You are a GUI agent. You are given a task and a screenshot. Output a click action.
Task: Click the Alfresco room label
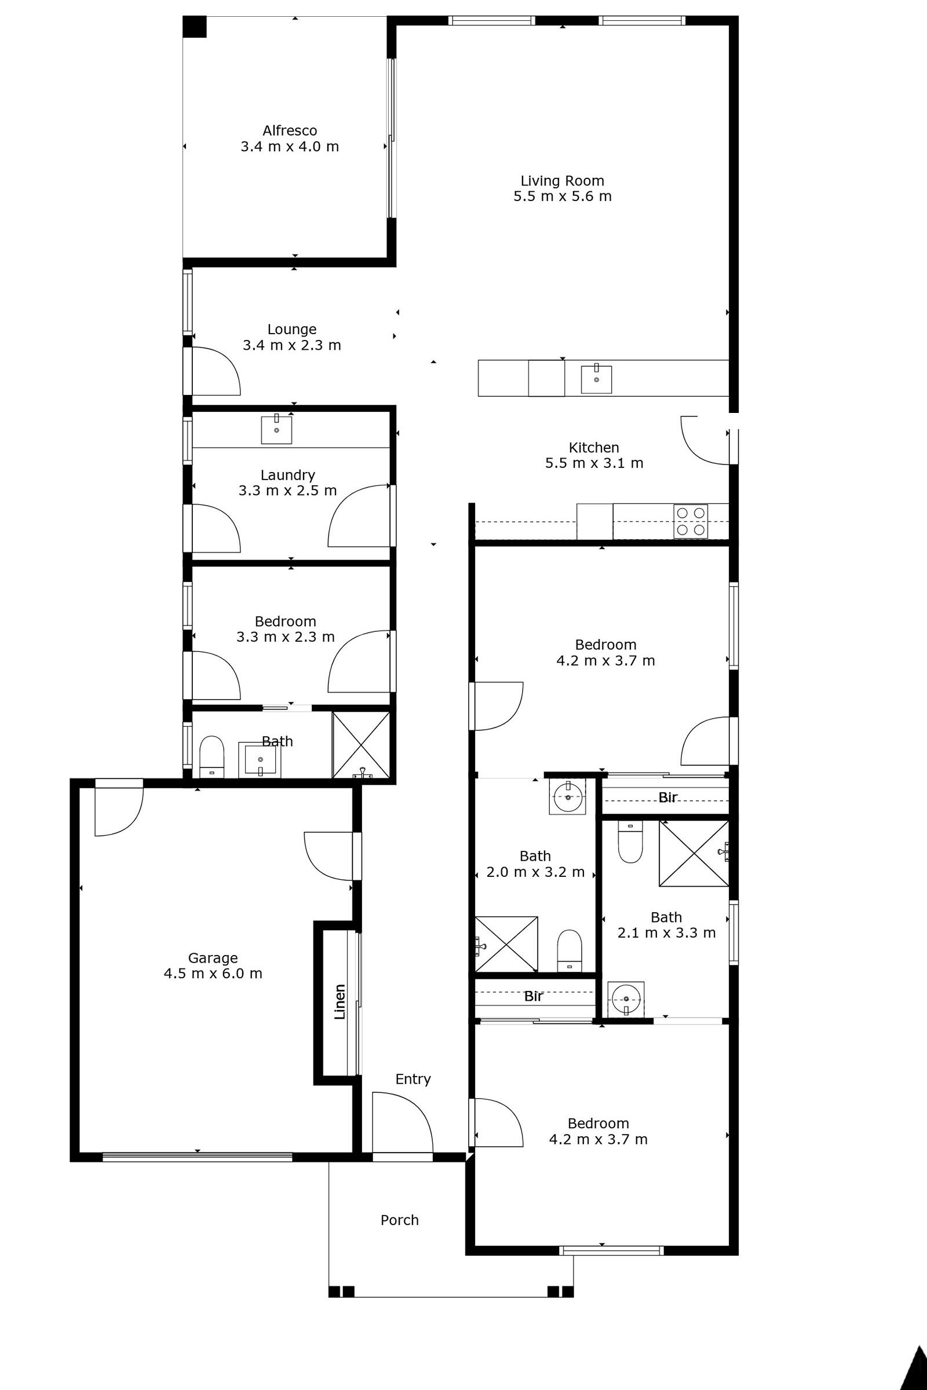290,131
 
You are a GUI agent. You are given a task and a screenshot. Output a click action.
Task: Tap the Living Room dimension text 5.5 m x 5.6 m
562,196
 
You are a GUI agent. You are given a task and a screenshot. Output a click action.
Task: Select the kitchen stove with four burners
691,521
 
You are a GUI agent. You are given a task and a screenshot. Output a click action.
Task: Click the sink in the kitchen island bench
596,379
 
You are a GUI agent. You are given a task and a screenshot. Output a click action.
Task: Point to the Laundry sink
277,430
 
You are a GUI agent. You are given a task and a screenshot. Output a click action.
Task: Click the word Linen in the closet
340,1002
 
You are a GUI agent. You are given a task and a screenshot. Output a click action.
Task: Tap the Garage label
213,958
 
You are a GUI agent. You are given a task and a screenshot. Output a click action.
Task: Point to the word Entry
413,1079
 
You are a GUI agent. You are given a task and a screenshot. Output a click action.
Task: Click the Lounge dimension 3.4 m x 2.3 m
292,345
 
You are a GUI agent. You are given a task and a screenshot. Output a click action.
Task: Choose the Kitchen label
593,447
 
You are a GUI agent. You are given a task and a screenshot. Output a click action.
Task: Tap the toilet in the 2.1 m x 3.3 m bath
630,843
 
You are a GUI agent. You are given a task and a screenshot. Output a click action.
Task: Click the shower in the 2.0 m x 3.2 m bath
506,944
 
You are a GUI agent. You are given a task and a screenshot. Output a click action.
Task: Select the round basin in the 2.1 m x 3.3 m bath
626,998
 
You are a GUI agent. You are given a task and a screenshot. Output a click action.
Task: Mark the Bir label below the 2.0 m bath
533,996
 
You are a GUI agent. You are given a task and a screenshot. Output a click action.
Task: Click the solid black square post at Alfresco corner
194,27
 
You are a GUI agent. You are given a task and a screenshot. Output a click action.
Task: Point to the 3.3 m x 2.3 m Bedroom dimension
286,637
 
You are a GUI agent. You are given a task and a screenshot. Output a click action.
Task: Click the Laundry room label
288,475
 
